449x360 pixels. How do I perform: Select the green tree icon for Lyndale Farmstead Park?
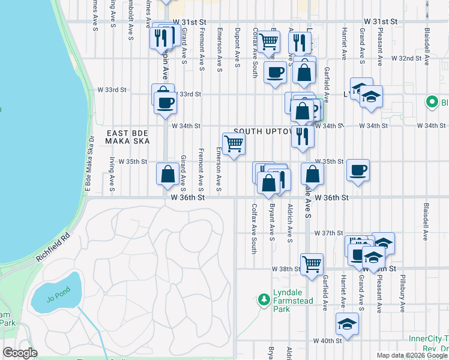[262, 299]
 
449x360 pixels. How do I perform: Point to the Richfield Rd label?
[53, 247]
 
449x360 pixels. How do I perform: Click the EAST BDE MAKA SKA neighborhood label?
[122, 136]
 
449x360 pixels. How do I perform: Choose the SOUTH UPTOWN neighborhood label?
[263, 131]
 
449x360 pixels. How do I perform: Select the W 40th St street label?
[328, 341]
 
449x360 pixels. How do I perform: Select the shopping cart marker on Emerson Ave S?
[234, 143]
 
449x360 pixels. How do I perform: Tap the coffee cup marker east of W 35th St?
[358, 170]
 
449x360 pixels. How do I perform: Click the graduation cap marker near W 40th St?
[348, 324]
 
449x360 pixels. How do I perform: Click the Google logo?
[20, 353]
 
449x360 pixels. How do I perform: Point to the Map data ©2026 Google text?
[412, 355]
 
